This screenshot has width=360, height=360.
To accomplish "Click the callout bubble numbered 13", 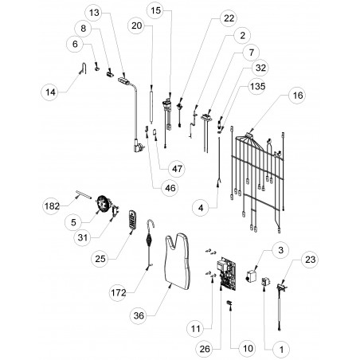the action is [94, 13].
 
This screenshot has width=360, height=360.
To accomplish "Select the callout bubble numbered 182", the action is [52, 206].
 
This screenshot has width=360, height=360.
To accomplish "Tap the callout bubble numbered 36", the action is [139, 315].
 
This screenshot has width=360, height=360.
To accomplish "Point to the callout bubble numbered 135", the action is [257, 86].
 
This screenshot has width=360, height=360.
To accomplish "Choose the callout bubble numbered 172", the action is [119, 292].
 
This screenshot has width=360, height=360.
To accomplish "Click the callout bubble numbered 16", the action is [298, 96].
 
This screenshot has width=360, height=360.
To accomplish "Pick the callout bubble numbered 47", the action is [177, 169].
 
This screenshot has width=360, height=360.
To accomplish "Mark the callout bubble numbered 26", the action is [205, 349].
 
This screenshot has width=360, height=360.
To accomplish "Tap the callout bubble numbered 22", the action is [229, 18].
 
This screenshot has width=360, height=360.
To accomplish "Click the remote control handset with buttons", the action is [132, 220].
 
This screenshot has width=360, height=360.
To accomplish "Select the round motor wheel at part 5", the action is [103, 204].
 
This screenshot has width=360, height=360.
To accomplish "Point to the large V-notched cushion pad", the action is [178, 261].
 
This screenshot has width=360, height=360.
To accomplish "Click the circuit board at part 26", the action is [227, 274].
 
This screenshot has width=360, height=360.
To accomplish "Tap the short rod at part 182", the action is [84, 194].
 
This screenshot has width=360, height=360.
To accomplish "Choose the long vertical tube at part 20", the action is [151, 106].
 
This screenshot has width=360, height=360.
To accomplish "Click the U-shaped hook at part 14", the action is [84, 68].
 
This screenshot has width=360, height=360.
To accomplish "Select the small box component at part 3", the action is [252, 276].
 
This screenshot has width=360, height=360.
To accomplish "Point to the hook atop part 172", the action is [151, 223].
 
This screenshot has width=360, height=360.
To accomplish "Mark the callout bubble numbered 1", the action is [282, 350].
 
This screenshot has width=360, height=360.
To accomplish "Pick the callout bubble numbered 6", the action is [75, 44].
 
